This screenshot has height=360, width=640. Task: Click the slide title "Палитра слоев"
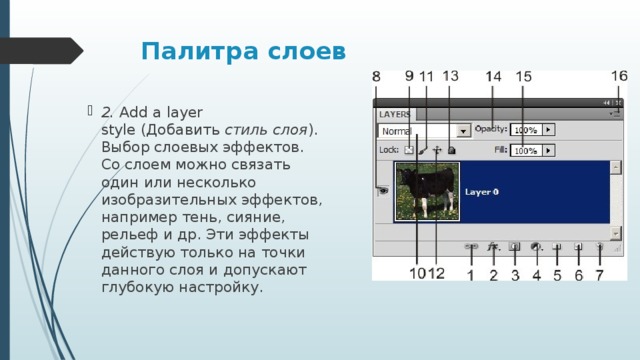pyautogui.click(x=243, y=50)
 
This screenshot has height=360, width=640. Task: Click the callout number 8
pyautogui.click(x=377, y=77)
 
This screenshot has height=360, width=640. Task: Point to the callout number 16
pyautogui.click(x=619, y=75)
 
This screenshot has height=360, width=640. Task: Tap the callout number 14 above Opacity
pyautogui.click(x=494, y=77)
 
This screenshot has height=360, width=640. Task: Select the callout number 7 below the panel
pyautogui.click(x=599, y=274)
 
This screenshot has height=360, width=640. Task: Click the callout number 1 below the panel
pyautogui.click(x=471, y=274)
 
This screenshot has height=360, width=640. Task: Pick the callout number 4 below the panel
pyautogui.click(x=536, y=274)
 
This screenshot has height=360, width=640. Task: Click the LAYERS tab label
pyautogui.click(x=394, y=114)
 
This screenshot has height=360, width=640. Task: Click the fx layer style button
pyautogui.click(x=492, y=245)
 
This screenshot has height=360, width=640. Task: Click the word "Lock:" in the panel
pyautogui.click(x=389, y=150)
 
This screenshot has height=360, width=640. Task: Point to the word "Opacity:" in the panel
pyautogui.click(x=491, y=129)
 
